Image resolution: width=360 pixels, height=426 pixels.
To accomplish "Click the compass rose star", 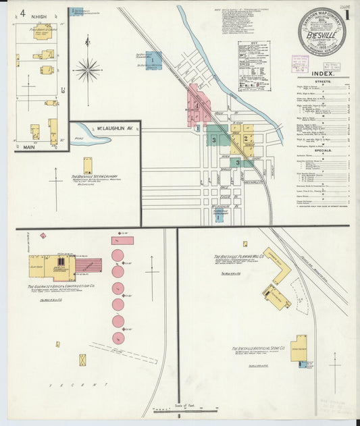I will (x=88, y=69).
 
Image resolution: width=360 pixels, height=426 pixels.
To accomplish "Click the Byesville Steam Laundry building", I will (x=88, y=166).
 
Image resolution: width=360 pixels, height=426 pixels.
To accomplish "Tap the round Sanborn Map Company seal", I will (x=322, y=31).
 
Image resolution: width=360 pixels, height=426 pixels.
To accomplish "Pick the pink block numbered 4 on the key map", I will (x=197, y=105).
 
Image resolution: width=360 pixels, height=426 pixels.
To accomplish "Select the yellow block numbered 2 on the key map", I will (x=245, y=138).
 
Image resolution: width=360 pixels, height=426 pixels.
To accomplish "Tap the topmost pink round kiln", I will (x=118, y=255).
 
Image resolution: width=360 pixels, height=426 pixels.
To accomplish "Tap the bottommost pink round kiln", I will (x=118, y=338).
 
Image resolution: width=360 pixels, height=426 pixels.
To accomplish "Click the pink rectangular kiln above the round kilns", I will (x=122, y=240).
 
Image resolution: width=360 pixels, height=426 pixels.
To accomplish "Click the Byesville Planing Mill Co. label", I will (x=239, y=257).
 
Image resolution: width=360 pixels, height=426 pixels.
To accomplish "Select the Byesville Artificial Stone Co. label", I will (x=259, y=348).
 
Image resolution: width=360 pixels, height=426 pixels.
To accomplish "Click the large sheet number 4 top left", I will (x=23, y=12).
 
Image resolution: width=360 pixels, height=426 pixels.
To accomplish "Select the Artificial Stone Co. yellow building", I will (x=299, y=348).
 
